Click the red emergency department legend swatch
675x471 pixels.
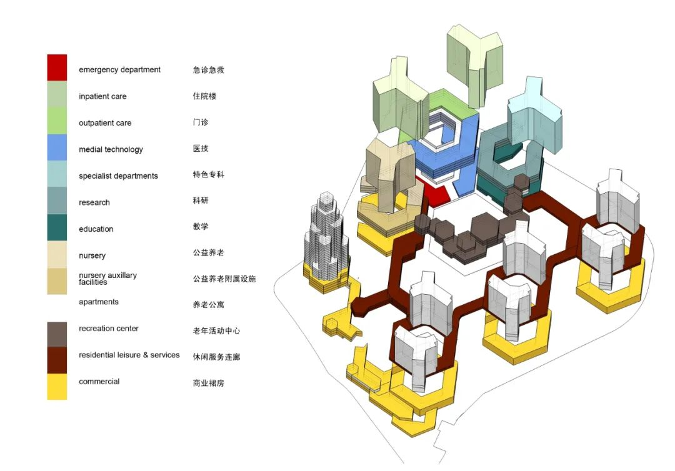(57, 67)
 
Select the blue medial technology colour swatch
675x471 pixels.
(57, 147)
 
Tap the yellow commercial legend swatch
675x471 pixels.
(57, 387)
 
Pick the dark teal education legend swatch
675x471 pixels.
(57, 227)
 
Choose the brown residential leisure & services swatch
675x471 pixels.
(57, 360)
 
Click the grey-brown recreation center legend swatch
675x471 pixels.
(57, 334)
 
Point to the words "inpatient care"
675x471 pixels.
(102, 96)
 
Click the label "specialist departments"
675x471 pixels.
(118, 176)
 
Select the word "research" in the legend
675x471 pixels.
(94, 202)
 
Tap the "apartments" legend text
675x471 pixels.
(99, 302)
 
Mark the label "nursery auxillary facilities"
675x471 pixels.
(107, 279)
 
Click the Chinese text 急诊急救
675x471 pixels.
(208, 70)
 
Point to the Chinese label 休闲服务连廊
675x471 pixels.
(216, 357)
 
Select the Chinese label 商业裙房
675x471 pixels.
(208, 383)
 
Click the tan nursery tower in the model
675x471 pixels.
(390, 172)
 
